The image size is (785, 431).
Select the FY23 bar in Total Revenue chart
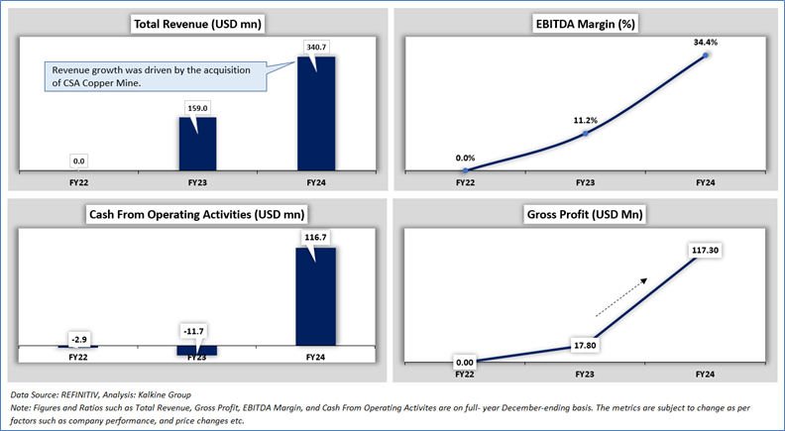tap(197, 143)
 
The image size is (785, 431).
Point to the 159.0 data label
tap(197, 106)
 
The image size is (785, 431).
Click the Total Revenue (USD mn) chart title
tap(196, 24)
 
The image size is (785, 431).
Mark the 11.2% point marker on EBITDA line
tap(586, 133)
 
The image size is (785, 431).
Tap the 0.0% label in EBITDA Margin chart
tap(466, 157)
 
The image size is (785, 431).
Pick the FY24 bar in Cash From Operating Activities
tap(316, 297)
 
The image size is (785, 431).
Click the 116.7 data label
tap(316, 236)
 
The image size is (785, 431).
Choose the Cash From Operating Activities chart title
tap(196, 214)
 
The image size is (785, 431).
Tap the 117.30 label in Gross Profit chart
tap(707, 251)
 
